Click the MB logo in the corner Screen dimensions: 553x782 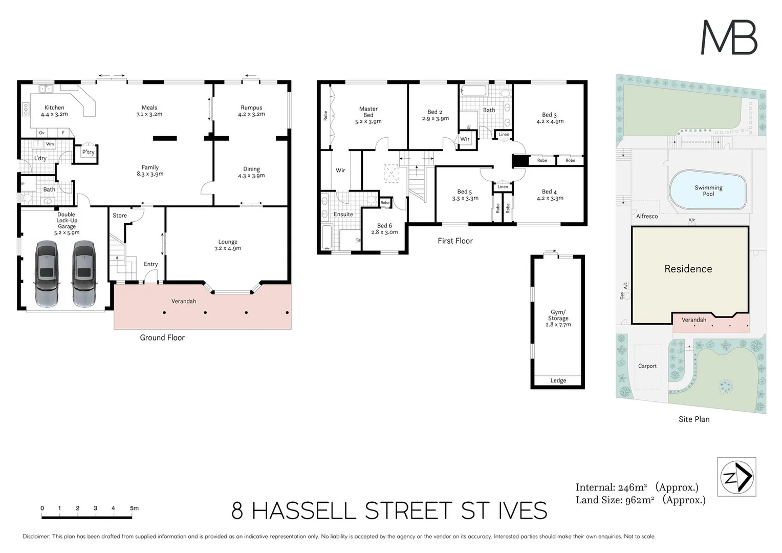pyautogui.click(x=729, y=37)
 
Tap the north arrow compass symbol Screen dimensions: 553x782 pyautogui.click(x=736, y=477)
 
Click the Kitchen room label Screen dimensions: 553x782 pyautogui.click(x=54, y=108)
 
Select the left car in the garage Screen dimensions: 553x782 pyautogui.click(x=47, y=273)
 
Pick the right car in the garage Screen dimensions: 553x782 pyautogui.click(x=83, y=273)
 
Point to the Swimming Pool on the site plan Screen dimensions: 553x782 pyautogui.click(x=708, y=190)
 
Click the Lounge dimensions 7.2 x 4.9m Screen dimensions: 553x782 pyautogui.click(x=228, y=248)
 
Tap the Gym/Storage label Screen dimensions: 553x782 pyautogui.click(x=558, y=315)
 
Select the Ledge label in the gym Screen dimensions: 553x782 pyautogui.click(x=558, y=380)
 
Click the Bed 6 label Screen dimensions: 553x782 pyautogui.click(x=384, y=226)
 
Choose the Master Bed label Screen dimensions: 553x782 pyautogui.click(x=368, y=112)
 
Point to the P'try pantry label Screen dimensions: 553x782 pyautogui.click(x=88, y=152)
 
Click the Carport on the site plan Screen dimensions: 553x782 pyautogui.click(x=647, y=366)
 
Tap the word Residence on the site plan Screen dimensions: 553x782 pyautogui.click(x=688, y=269)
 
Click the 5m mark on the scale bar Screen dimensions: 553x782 pyautogui.click(x=134, y=508)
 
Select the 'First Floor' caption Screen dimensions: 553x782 pyautogui.click(x=455, y=241)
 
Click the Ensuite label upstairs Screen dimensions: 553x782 pyautogui.click(x=343, y=214)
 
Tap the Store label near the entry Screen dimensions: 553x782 pyautogui.click(x=120, y=216)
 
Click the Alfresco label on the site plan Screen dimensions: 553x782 pyautogui.click(x=647, y=216)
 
